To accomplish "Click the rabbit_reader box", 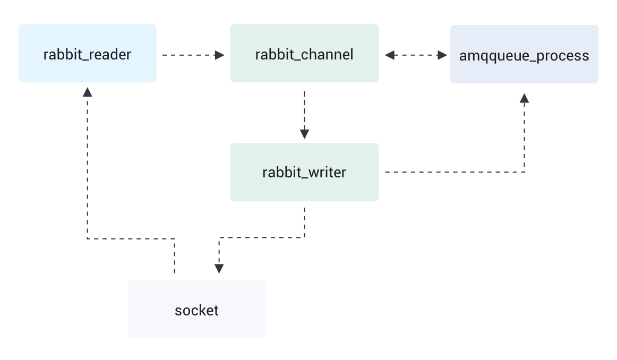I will [x=87, y=53].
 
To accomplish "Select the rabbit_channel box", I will [x=304, y=53].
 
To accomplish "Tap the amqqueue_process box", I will [x=524, y=54].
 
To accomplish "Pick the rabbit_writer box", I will [x=304, y=172].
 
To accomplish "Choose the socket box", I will [x=196, y=309].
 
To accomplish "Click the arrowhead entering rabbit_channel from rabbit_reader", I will [x=220, y=55].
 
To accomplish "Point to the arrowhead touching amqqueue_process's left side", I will [x=442, y=55].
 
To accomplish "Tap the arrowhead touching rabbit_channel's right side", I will [x=390, y=55].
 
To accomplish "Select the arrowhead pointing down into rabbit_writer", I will [x=304, y=134].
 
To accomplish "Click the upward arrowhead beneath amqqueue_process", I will [x=525, y=98].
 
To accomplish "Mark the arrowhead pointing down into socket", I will [x=219, y=269].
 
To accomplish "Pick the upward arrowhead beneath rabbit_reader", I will [x=88, y=91].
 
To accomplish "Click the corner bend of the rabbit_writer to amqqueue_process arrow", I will [x=525, y=172].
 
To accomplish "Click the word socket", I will [x=196, y=310].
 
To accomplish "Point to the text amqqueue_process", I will [x=524, y=56].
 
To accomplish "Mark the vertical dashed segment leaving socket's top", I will [x=174, y=258].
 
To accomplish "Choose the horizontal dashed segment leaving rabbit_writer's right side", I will [x=451, y=172].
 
